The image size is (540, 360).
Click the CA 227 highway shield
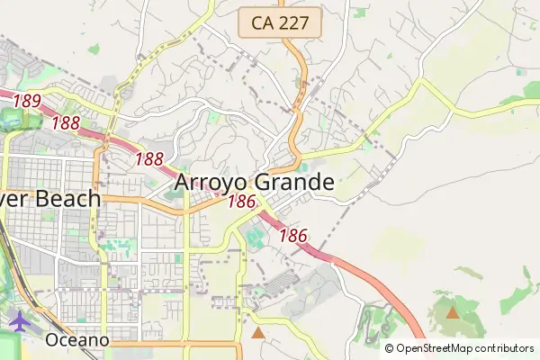281,23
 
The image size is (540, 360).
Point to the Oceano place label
77,340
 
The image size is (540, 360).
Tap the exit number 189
27,101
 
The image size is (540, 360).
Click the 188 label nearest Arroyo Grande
148,159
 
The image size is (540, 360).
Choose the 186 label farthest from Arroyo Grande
293,236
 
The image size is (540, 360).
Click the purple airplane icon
19,320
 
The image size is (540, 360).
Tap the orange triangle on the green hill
452,313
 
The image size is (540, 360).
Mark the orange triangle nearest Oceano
258,333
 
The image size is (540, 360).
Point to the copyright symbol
389,348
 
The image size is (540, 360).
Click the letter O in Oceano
53,340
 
